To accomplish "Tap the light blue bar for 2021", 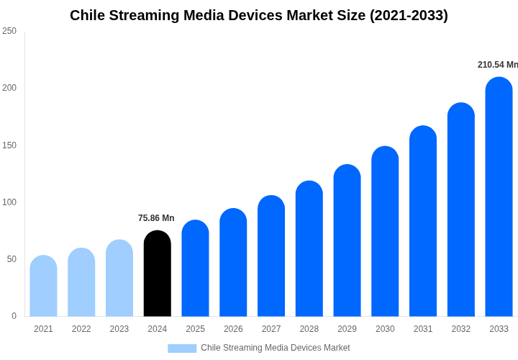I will (43, 286).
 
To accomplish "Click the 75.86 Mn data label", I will (156, 218).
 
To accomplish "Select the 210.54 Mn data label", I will (497, 65).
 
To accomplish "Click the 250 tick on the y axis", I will (9, 31).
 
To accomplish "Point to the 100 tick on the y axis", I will (9, 202).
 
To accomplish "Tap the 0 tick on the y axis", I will (14, 316).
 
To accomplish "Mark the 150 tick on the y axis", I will (9, 145).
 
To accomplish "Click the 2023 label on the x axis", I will (119, 329).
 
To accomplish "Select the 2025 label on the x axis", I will (195, 329).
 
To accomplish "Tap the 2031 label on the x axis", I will (423, 329).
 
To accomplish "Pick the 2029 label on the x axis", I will (347, 329).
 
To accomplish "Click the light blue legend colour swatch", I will (182, 348).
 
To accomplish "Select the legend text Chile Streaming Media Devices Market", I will (276, 348).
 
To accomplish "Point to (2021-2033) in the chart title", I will (409, 15).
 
